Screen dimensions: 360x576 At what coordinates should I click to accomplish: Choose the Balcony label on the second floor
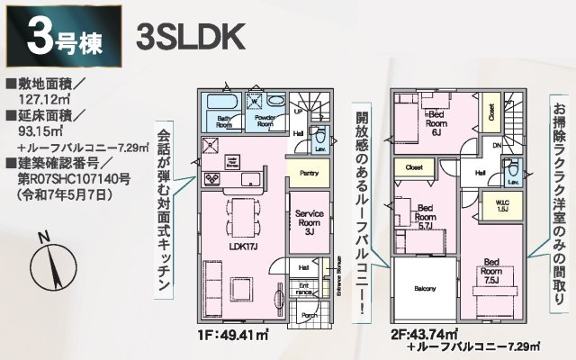tap(426, 289)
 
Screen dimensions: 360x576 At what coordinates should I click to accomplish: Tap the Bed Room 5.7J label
tap(426, 217)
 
